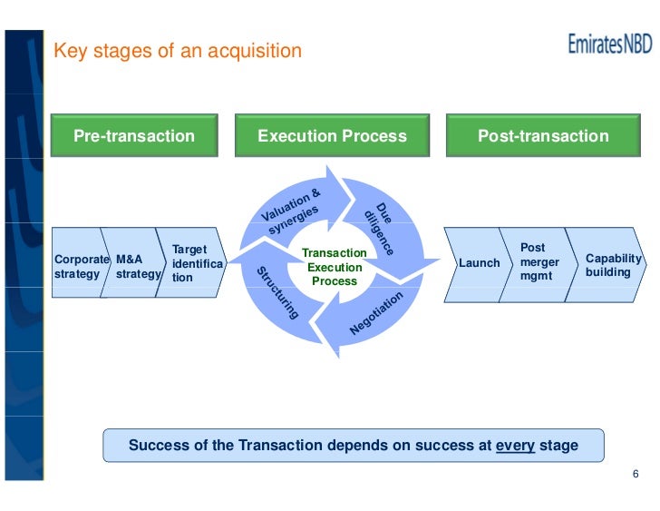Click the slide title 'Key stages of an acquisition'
click(178, 51)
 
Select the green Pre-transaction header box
click(134, 136)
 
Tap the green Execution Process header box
click(332, 136)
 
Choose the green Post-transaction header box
click(543, 136)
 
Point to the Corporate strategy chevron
click(79, 265)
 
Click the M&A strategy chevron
click(133, 265)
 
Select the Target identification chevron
click(191, 263)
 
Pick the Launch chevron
click(479, 263)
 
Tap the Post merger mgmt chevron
click(537, 260)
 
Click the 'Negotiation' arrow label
click(376, 315)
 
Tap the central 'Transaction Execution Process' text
click(334, 267)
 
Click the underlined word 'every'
click(515, 446)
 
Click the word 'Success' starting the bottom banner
click(160, 446)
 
